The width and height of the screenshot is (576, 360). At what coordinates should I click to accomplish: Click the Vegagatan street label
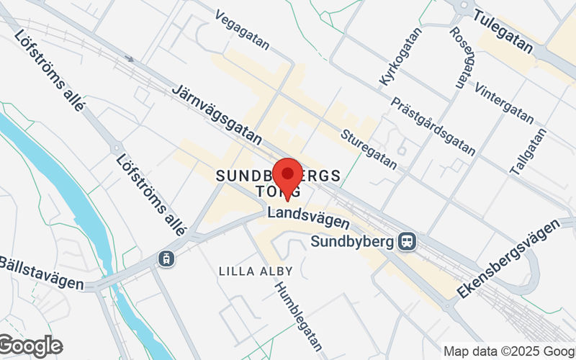242,30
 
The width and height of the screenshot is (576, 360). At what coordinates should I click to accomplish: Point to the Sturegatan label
369,149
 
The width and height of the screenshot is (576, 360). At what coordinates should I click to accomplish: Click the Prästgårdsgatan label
433,127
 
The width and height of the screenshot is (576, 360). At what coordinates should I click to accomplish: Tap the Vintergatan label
504,103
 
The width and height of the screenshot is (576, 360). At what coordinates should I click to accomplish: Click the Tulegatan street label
504,33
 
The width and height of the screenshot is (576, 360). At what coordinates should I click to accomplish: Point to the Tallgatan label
528,152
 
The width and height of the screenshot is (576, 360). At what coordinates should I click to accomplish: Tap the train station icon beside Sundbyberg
407,242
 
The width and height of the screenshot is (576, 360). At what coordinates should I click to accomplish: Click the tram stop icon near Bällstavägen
167,258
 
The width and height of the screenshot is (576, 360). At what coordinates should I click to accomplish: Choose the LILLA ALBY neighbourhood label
256,271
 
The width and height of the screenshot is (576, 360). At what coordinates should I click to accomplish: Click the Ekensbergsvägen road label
509,258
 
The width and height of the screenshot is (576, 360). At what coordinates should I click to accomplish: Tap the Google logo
30,346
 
